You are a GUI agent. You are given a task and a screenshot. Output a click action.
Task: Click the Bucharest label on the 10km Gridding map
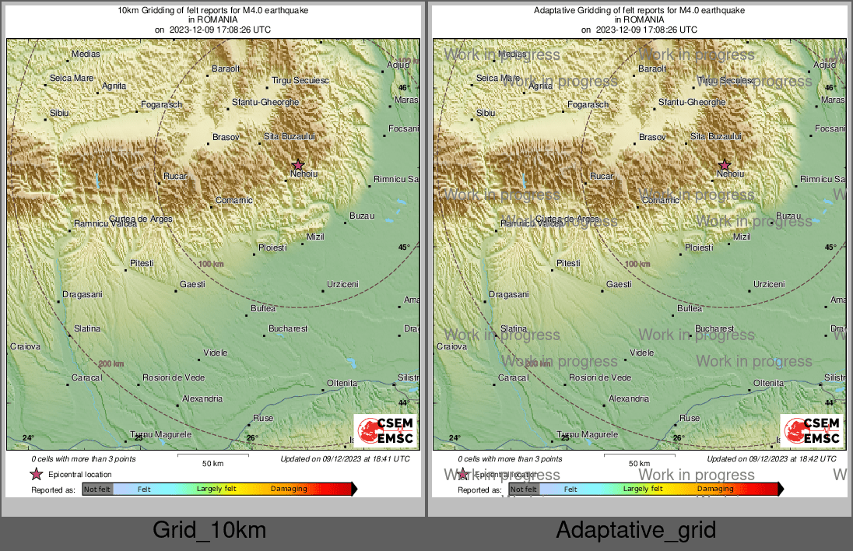[x=289, y=329]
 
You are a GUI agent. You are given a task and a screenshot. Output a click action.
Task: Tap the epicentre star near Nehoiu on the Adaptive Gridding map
[x=725, y=165]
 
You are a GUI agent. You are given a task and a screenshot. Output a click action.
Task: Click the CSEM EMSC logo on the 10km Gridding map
[x=385, y=430]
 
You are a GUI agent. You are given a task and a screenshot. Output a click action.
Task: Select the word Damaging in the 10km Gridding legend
[x=289, y=489]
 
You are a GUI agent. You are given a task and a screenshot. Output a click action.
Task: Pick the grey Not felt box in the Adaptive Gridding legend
[x=524, y=489]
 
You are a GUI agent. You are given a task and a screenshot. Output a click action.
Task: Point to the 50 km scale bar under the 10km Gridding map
[x=212, y=455]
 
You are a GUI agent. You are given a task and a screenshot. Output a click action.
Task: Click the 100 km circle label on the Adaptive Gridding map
[x=637, y=265]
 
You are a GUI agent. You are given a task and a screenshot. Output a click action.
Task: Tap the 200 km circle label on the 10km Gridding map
[x=111, y=364]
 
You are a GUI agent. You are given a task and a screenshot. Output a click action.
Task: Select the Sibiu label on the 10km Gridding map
[x=60, y=114]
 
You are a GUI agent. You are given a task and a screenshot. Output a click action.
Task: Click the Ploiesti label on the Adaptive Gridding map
[x=698, y=247]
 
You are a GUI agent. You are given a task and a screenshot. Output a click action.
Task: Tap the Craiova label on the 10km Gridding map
[x=25, y=346]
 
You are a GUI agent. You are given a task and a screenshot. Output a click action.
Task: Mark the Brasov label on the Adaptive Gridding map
[x=652, y=138]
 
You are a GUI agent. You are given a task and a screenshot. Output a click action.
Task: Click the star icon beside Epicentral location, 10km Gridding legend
[x=36, y=474]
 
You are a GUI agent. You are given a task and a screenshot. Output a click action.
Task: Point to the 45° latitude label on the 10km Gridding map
[x=404, y=247]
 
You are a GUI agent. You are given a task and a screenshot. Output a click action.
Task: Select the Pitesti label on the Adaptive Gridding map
[x=568, y=264]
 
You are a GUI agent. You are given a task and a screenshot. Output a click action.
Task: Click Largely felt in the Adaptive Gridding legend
[x=643, y=489]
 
